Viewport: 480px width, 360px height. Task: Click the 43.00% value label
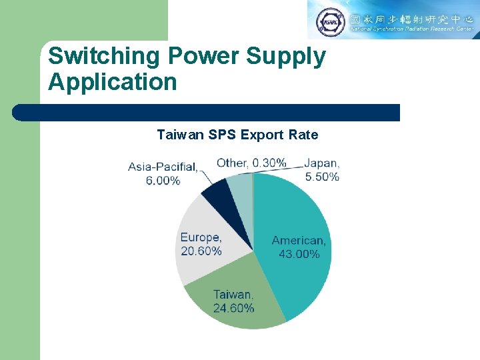click(299, 254)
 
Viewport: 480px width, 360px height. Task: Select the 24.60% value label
click(233, 308)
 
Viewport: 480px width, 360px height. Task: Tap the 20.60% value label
click(201, 251)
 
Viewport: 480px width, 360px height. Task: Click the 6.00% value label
click(163, 181)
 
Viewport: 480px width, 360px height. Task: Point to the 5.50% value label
click(322, 177)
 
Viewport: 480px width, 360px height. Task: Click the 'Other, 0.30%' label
click(251, 163)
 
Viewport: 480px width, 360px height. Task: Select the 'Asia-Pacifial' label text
click(162, 167)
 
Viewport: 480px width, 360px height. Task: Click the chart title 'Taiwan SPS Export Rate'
click(237, 135)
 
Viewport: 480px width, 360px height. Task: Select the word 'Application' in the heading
click(113, 82)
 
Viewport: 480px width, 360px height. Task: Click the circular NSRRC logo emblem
click(331, 21)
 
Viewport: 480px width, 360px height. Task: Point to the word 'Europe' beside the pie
click(201, 237)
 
